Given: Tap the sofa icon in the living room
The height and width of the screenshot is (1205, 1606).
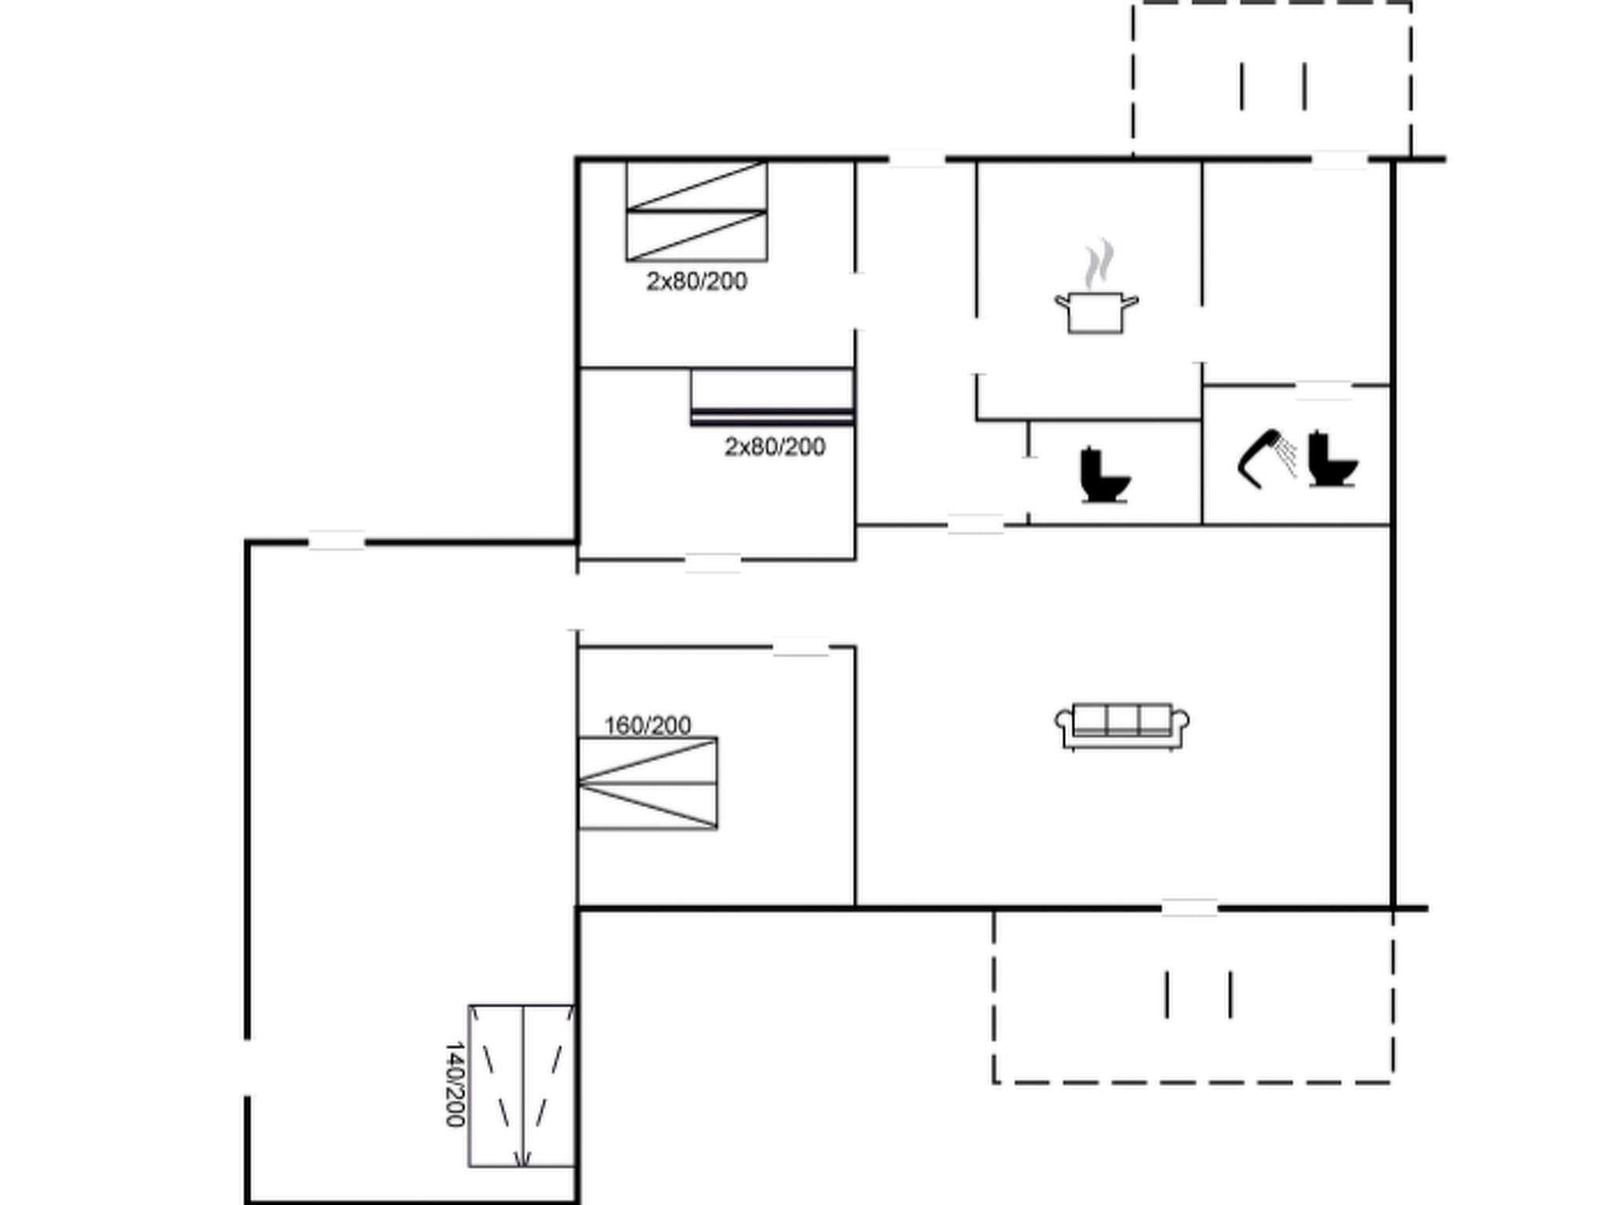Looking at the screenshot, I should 1122,726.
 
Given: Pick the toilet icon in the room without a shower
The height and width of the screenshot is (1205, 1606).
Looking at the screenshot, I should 1104,475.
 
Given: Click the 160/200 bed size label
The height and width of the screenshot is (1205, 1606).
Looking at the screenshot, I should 648,726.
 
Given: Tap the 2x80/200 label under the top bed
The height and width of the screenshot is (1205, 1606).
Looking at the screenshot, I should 696,281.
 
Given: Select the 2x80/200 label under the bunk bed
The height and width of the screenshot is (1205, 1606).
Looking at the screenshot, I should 774,447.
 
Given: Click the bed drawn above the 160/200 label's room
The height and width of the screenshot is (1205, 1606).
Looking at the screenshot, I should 648,783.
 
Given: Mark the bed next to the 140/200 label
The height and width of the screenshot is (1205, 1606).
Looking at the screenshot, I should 521,1085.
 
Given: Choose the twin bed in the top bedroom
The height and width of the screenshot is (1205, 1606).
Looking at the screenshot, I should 696,211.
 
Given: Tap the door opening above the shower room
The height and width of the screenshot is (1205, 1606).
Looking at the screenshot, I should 1323,386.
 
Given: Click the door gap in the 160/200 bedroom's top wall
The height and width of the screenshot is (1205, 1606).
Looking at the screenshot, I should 801,647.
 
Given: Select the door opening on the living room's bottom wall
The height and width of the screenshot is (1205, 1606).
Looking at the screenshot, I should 1189,908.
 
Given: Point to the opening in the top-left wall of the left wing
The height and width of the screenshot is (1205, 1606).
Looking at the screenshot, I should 336,541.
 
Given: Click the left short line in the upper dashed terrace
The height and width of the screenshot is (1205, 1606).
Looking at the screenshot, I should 1242,86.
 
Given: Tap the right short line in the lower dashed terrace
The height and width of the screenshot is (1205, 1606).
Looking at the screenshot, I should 1230,995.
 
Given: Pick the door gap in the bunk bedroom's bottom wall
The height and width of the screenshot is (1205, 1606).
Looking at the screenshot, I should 712,560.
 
